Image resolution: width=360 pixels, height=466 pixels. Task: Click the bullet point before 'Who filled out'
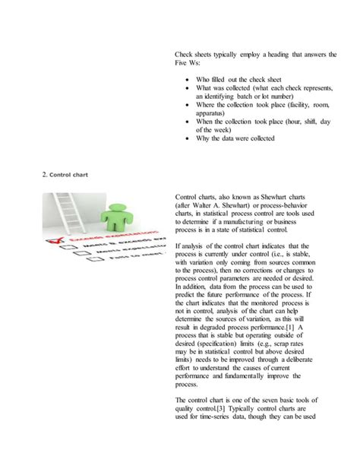187,78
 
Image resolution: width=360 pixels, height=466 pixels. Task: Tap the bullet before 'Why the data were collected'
187,138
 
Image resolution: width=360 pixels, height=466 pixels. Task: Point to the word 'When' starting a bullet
206,122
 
